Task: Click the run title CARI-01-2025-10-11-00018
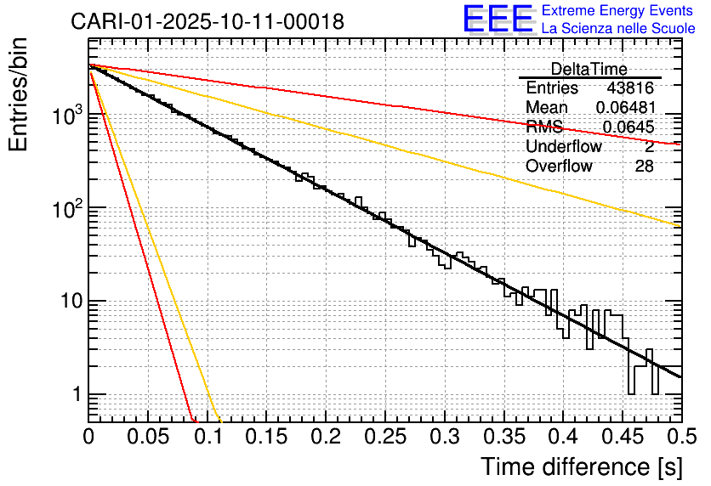(x=208, y=21)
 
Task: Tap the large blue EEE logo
(x=498, y=19)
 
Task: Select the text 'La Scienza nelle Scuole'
(x=617, y=28)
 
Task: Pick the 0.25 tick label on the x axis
(x=385, y=438)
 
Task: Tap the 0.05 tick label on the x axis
(x=148, y=438)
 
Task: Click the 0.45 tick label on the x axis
(x=623, y=438)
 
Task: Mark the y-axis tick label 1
(x=75, y=395)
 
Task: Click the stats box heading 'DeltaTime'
(x=589, y=69)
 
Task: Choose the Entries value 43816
(x=630, y=88)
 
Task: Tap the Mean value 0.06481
(x=624, y=108)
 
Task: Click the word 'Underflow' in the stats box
(x=563, y=147)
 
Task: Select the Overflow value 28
(x=644, y=167)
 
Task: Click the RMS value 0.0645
(x=628, y=127)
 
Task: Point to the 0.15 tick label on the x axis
(x=267, y=438)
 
